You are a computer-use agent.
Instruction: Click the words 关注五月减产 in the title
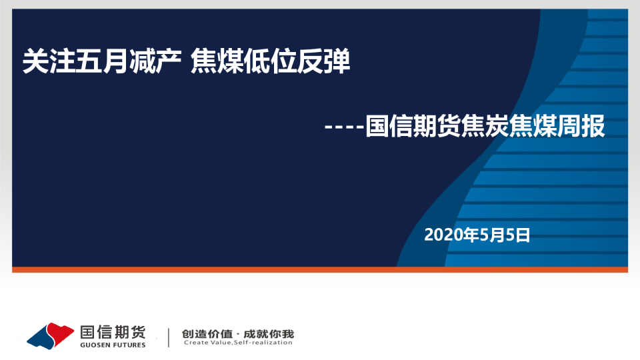(102, 61)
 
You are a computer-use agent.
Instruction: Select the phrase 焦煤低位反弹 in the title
(270, 61)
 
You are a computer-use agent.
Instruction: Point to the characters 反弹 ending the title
(324, 61)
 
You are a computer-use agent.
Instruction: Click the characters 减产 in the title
(155, 61)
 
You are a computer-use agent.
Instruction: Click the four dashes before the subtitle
(344, 127)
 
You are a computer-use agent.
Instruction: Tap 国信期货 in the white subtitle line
(413, 126)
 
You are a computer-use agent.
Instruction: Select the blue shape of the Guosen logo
(41, 337)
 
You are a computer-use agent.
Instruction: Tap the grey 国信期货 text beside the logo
(113, 332)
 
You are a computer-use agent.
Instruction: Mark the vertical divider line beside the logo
(169, 337)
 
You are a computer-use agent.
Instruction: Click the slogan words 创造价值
(207, 334)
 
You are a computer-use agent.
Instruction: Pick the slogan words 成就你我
(269, 334)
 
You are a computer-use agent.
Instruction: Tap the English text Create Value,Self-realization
(238, 343)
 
